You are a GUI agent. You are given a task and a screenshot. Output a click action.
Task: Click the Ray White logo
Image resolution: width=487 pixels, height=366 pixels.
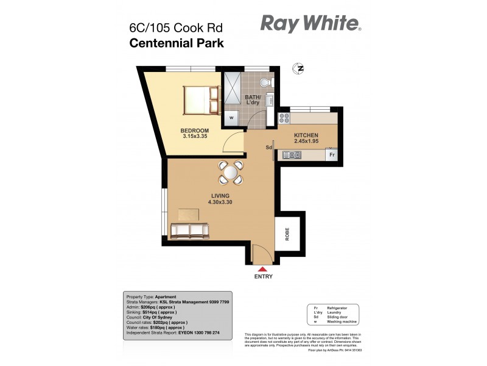[x=310, y=24]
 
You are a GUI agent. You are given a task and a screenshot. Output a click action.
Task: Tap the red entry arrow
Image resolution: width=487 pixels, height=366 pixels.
[x=262, y=268]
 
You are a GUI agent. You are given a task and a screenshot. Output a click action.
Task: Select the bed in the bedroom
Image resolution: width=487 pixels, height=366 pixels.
[x=201, y=99]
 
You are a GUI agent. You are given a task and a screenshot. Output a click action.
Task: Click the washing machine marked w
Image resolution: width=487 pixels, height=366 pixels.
[x=231, y=118]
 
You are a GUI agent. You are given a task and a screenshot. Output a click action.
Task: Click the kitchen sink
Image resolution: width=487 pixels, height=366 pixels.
[x=292, y=156]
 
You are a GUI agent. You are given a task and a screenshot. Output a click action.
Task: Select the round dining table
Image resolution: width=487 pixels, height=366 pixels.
[x=231, y=173]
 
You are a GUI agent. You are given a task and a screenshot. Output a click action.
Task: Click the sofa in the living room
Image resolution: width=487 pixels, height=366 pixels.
[x=190, y=231]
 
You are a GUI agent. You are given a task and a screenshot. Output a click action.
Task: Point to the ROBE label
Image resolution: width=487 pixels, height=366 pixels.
[x=287, y=235]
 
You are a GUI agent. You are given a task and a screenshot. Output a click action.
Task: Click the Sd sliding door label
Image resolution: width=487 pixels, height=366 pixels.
[x=268, y=148]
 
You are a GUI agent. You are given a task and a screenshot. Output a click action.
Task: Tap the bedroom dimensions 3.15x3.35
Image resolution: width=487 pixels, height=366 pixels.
[x=195, y=137]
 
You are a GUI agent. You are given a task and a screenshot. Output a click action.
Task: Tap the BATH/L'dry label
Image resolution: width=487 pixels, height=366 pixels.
[x=252, y=99]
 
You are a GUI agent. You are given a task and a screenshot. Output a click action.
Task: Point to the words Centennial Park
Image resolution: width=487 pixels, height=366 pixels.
[x=176, y=43]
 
